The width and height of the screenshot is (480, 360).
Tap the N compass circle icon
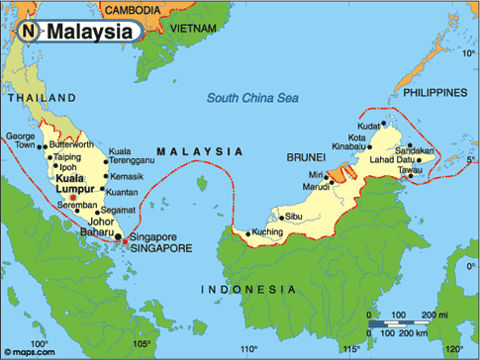(x=30, y=32)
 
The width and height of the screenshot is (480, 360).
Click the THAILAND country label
(x=41, y=99)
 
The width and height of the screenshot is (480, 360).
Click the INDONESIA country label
(x=247, y=289)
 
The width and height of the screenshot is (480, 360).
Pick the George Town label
(x=21, y=140)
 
